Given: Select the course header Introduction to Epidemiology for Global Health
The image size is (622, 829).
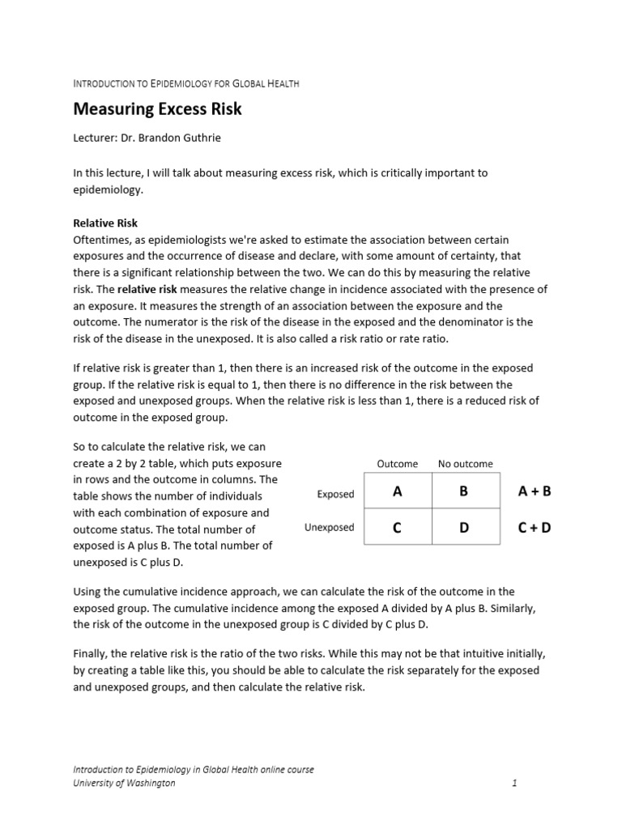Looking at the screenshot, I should (186, 83).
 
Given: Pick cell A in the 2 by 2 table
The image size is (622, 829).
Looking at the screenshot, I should (397, 491).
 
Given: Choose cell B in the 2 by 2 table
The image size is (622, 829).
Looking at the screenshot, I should (464, 491).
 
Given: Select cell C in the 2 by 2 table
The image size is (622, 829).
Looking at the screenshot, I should (397, 528).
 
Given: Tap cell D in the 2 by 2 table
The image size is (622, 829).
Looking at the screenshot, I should (464, 528).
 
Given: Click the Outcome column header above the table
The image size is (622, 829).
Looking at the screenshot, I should (398, 464).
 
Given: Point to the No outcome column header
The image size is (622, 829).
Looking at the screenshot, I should (465, 464).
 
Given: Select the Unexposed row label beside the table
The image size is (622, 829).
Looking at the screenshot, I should (329, 528).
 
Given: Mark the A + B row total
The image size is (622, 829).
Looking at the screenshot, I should (535, 491).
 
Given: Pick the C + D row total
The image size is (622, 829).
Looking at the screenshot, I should (535, 528).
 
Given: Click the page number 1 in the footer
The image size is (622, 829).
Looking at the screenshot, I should (514, 783).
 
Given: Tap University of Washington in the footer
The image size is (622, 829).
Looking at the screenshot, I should (124, 783).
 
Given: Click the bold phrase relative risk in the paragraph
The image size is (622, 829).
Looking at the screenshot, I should (147, 290).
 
